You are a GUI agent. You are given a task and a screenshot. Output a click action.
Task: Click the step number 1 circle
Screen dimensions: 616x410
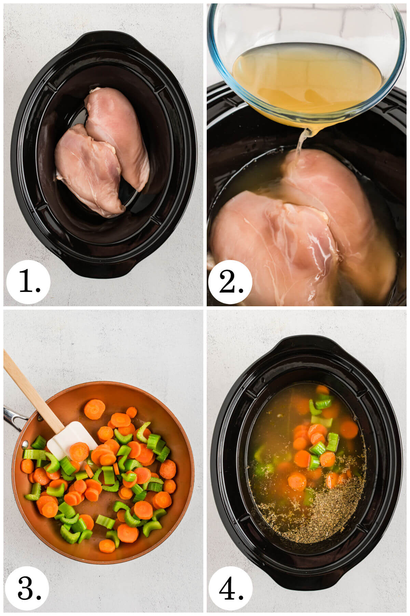click(x=29, y=281)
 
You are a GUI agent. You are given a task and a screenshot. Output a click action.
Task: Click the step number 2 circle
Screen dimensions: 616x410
click(x=230, y=281)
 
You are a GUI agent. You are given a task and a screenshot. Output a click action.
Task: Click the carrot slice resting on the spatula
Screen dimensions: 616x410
click(x=79, y=452)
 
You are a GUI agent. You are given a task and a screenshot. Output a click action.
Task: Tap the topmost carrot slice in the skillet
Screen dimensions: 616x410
click(x=95, y=409)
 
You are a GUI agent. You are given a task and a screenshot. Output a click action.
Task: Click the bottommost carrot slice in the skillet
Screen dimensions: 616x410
click(x=107, y=546)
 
